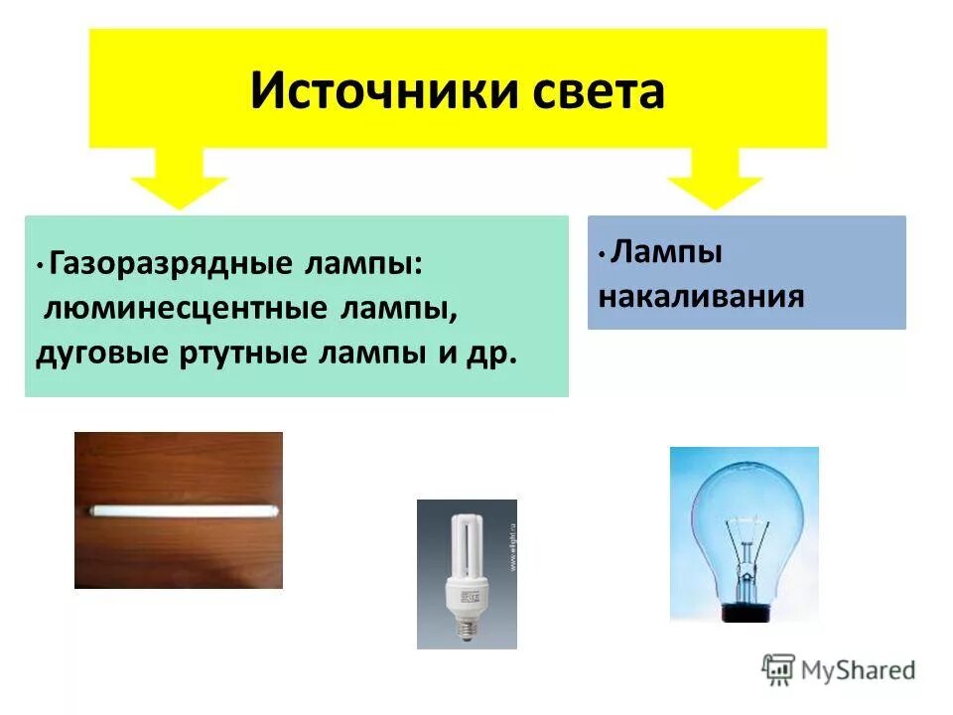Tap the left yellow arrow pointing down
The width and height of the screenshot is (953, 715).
pos(180,179)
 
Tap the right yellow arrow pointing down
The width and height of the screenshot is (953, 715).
pos(715,179)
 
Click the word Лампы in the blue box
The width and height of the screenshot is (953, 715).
pos(666,252)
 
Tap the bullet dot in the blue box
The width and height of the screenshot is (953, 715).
pos(602,254)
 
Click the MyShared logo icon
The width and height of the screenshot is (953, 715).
pos(779,668)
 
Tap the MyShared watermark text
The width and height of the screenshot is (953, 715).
pos(859,669)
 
